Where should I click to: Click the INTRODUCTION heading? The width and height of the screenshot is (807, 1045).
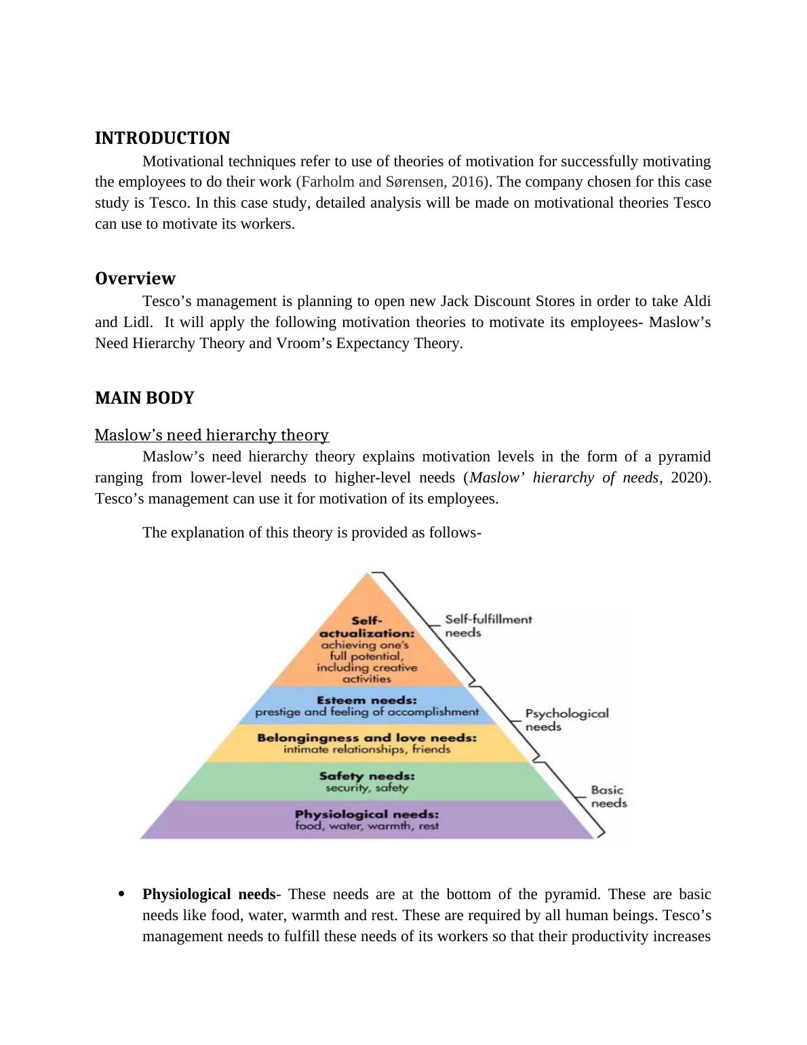pos(162,138)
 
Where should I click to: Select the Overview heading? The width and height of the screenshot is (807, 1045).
pos(135,279)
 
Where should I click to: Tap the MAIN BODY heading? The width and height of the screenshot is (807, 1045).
pos(144,398)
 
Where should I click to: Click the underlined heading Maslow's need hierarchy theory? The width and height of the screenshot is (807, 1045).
pos(212,435)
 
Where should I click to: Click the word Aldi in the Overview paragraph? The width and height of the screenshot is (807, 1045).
pos(696,301)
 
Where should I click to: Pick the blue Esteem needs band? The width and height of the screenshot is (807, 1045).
pos(367,706)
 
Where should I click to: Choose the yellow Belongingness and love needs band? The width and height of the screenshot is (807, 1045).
pos(367,744)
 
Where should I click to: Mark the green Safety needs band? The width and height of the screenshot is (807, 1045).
pos(367,782)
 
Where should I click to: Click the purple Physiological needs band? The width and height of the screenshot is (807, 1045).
pos(367,820)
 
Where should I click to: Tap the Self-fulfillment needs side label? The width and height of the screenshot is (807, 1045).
pos(488,626)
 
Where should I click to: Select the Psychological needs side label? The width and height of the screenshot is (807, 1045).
pos(567,720)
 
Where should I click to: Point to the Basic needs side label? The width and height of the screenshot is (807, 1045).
pos(608,797)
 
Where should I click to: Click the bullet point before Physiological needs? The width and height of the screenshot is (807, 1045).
pos(121,894)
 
